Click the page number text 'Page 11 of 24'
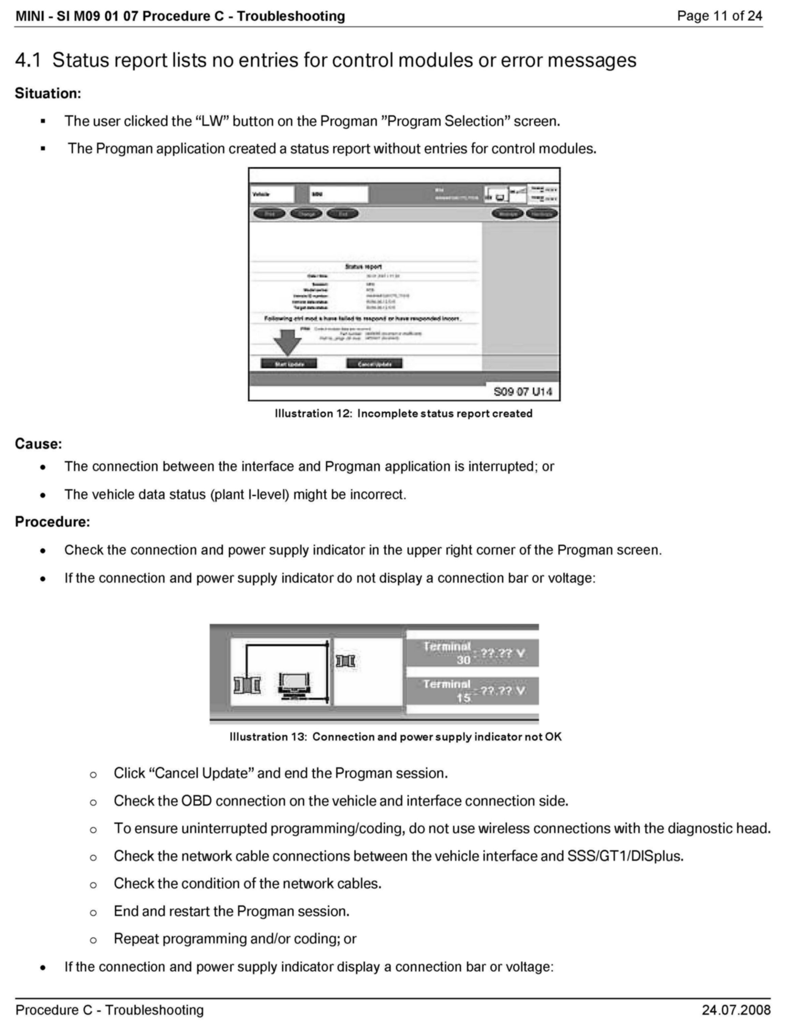(719, 16)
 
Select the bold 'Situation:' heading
(48, 93)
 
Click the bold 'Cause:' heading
(38, 443)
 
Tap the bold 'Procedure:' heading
(52, 521)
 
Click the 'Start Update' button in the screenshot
(289, 364)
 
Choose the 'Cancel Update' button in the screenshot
(374, 364)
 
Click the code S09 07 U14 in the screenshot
(522, 391)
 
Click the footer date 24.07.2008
(736, 1010)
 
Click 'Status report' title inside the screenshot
(363, 266)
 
